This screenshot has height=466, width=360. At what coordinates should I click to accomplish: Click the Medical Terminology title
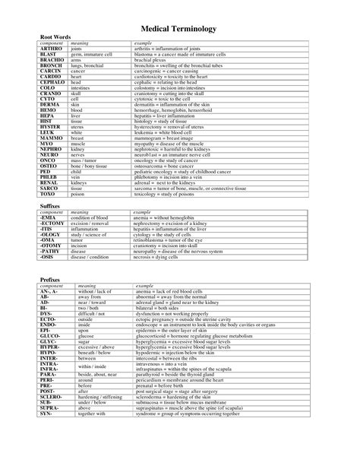click(180, 28)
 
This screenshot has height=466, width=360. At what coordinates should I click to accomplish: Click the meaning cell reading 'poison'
click(78, 194)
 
